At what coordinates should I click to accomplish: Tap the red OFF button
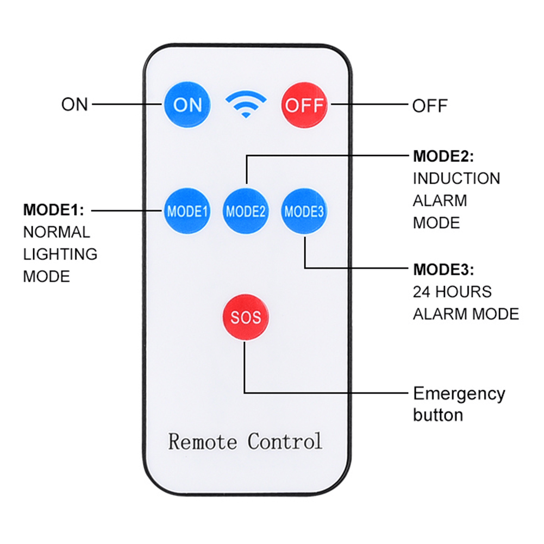(304, 104)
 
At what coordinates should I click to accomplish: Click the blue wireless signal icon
(246, 104)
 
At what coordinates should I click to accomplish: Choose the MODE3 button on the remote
(304, 211)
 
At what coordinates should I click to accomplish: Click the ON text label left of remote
(74, 104)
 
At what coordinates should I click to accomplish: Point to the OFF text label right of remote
(429, 105)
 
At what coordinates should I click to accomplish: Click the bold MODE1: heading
(53, 210)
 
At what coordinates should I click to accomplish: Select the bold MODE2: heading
(443, 157)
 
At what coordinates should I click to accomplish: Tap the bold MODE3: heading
(443, 270)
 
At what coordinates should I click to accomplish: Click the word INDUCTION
(457, 178)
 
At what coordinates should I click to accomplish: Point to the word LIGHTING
(60, 254)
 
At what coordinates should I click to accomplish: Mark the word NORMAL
(57, 232)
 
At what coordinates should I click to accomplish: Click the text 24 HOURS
(452, 292)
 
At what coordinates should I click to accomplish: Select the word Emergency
(459, 393)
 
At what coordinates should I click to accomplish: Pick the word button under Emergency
(438, 415)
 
